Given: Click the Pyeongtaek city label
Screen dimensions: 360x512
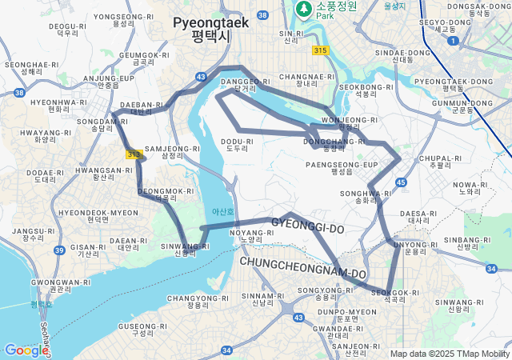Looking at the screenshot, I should pos(210,29).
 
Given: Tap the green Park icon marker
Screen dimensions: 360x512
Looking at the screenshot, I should pos(304,9).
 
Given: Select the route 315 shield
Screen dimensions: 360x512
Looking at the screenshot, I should pos(321,50).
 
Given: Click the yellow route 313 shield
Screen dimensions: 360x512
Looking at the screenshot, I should pos(133,154).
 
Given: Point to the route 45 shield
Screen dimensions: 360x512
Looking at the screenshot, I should pos(400,183).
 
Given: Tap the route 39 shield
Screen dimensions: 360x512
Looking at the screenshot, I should pos(59,250).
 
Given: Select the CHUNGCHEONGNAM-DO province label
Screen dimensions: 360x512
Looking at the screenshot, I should pos(302,269).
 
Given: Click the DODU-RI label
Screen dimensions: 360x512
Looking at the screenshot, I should pos(237,144).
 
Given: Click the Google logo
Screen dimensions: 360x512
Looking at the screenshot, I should pos(26,350).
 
